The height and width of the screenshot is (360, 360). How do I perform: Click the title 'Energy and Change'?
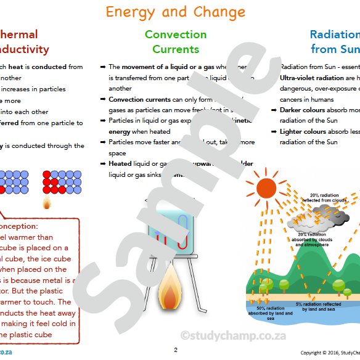click(175, 12)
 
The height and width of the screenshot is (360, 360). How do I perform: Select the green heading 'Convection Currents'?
click(176, 42)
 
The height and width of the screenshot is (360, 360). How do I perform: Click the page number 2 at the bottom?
click(175, 350)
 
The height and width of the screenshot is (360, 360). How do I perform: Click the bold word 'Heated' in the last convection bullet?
click(120, 164)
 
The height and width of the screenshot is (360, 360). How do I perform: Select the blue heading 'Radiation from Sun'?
click(335, 42)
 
